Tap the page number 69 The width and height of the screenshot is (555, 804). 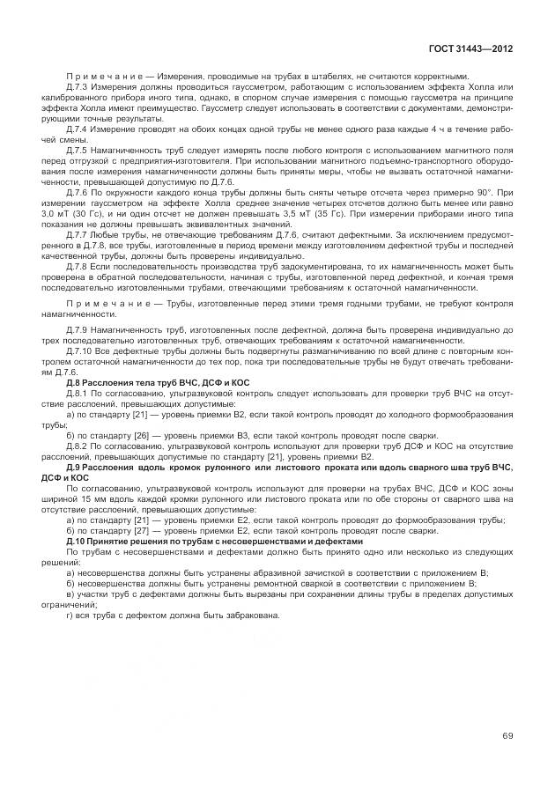point(508,735)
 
